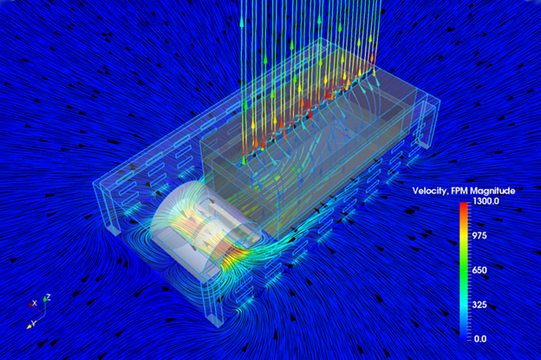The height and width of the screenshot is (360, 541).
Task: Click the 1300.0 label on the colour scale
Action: [486, 201]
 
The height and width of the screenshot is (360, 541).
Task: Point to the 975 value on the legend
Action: [479, 236]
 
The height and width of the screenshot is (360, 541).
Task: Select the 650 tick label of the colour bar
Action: [479, 270]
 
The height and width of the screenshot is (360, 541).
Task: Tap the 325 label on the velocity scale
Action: [479, 304]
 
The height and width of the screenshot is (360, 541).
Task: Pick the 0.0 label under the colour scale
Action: [480, 339]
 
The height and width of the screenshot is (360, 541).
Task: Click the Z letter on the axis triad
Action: [49, 297]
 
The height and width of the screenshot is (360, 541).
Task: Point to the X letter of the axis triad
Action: [34, 303]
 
